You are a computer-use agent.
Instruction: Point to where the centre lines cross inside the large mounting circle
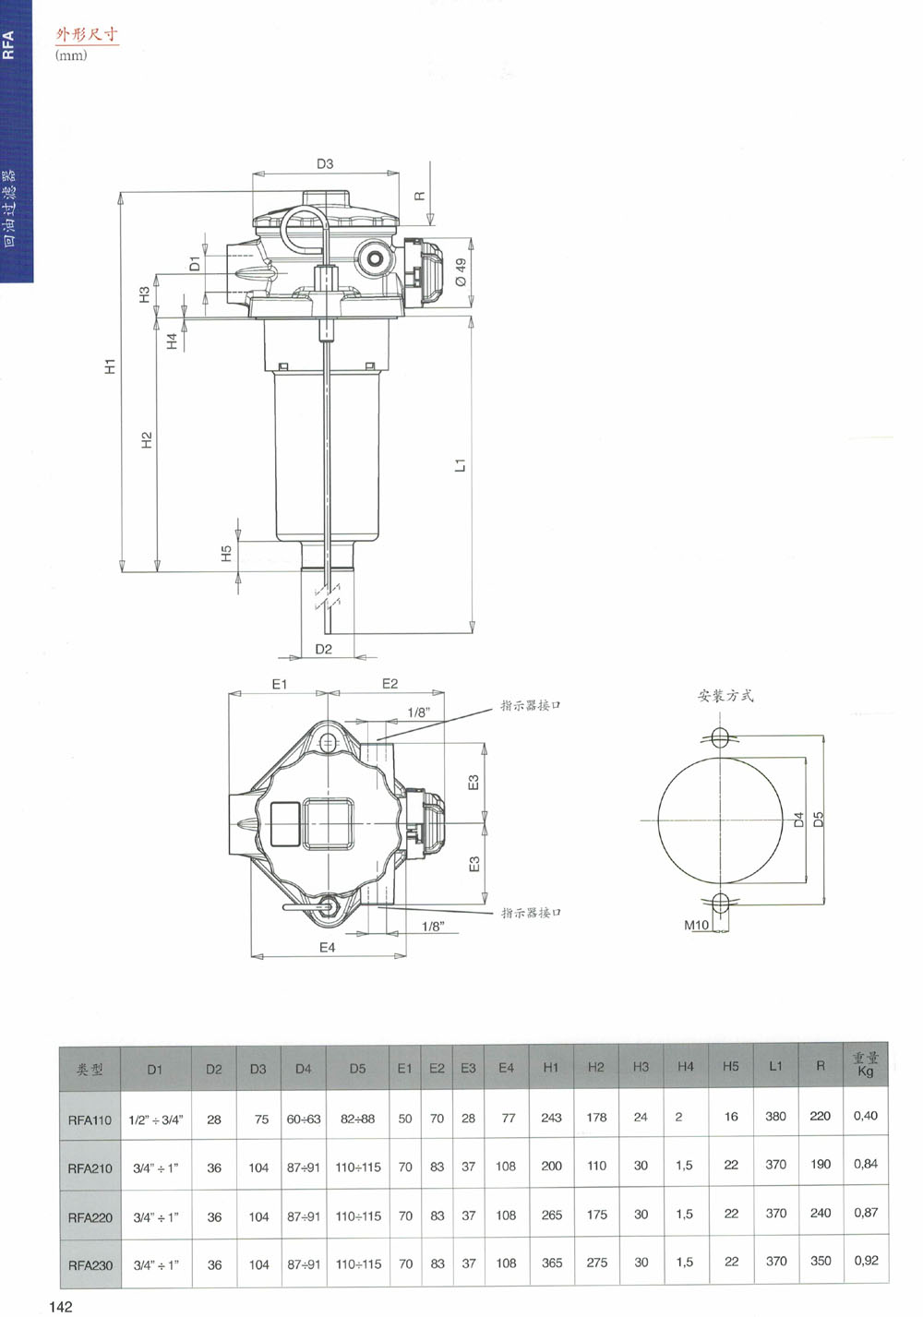[721, 820]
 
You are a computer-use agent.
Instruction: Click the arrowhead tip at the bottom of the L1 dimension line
[472, 634]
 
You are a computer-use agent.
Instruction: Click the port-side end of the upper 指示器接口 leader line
[378, 739]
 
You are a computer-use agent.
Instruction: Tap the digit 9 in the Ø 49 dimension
[461, 264]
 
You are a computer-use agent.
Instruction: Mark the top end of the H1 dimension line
[122, 192]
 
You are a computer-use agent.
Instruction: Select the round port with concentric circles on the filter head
[373, 257]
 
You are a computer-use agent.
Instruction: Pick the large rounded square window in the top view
[328, 823]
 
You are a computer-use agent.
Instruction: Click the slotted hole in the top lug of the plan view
[328, 743]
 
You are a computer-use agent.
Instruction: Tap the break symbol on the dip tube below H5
[328, 598]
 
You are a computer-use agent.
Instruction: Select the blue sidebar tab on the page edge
[17, 141]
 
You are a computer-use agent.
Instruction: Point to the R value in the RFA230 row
[821, 1261]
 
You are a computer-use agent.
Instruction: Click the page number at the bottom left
[61, 1306]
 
